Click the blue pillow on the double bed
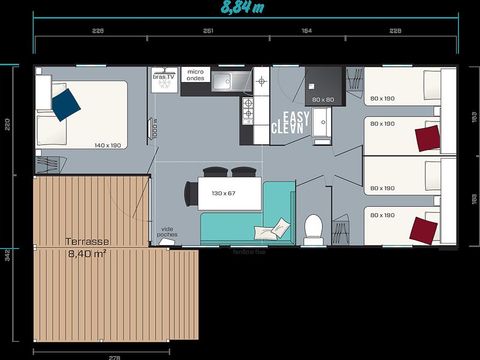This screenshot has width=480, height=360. tap(66, 101)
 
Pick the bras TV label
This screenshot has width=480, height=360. tap(165, 76)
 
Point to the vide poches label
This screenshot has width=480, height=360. tap(167, 234)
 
